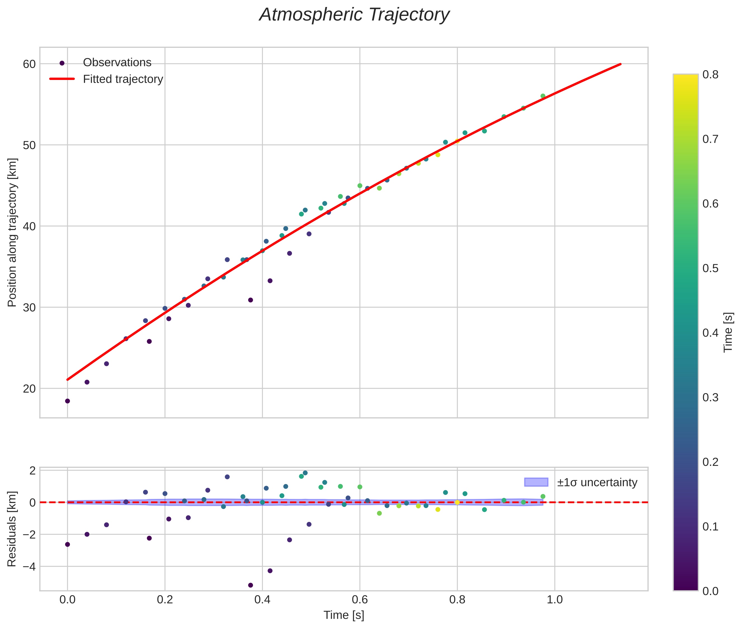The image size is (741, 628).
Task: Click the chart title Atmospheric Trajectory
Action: tap(354, 15)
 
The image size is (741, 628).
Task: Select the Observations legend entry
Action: tap(117, 63)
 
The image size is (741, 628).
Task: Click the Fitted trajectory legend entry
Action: tap(123, 79)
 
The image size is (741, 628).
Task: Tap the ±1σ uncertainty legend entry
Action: tap(597, 482)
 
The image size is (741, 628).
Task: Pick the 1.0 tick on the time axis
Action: tap(554, 599)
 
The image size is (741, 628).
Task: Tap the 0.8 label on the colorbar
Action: tap(710, 74)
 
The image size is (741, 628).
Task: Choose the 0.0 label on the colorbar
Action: tap(710, 591)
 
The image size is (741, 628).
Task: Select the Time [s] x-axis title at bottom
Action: tap(344, 615)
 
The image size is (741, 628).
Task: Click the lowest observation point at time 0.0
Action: tap(67, 401)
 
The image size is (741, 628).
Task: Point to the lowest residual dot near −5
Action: tap(250, 585)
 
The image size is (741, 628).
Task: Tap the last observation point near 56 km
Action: tap(543, 96)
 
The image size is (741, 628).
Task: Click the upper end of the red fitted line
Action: tap(620, 64)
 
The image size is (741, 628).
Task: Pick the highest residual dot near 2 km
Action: tap(305, 473)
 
